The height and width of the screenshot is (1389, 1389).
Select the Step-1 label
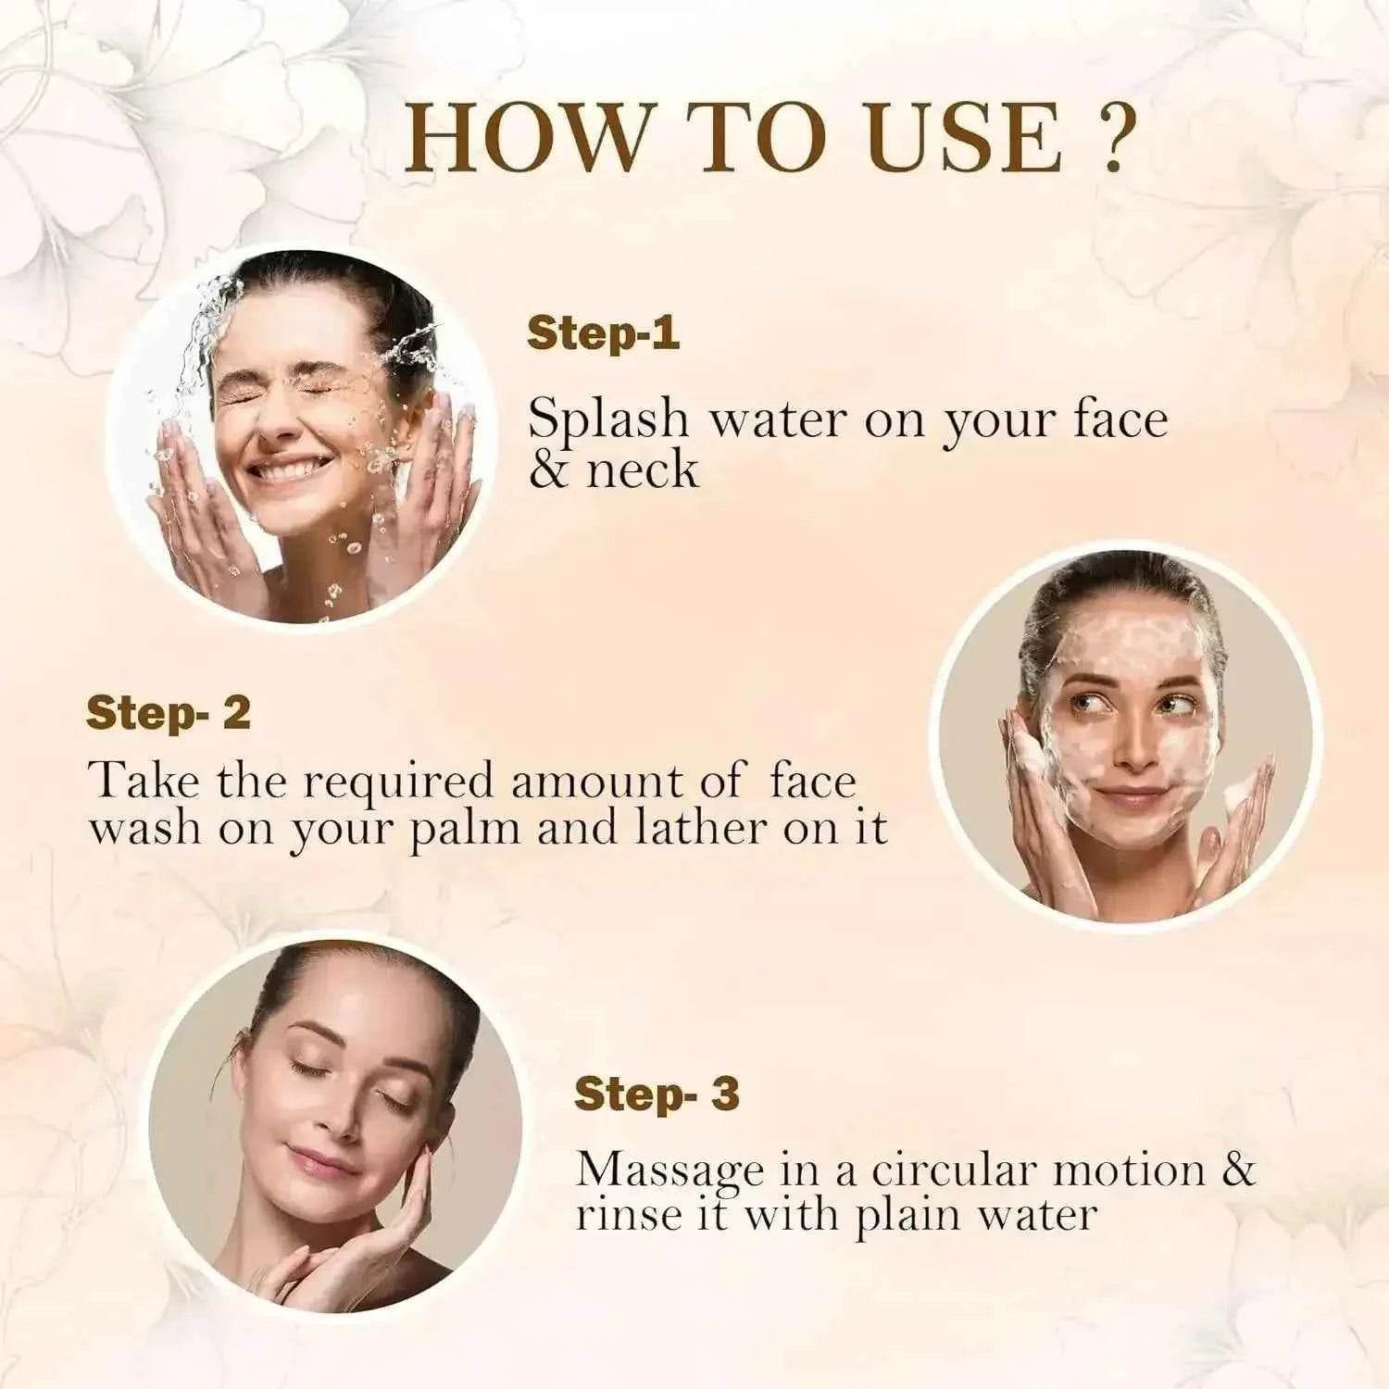[x=603, y=333]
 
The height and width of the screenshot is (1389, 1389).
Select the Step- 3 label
[x=657, y=1094]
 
